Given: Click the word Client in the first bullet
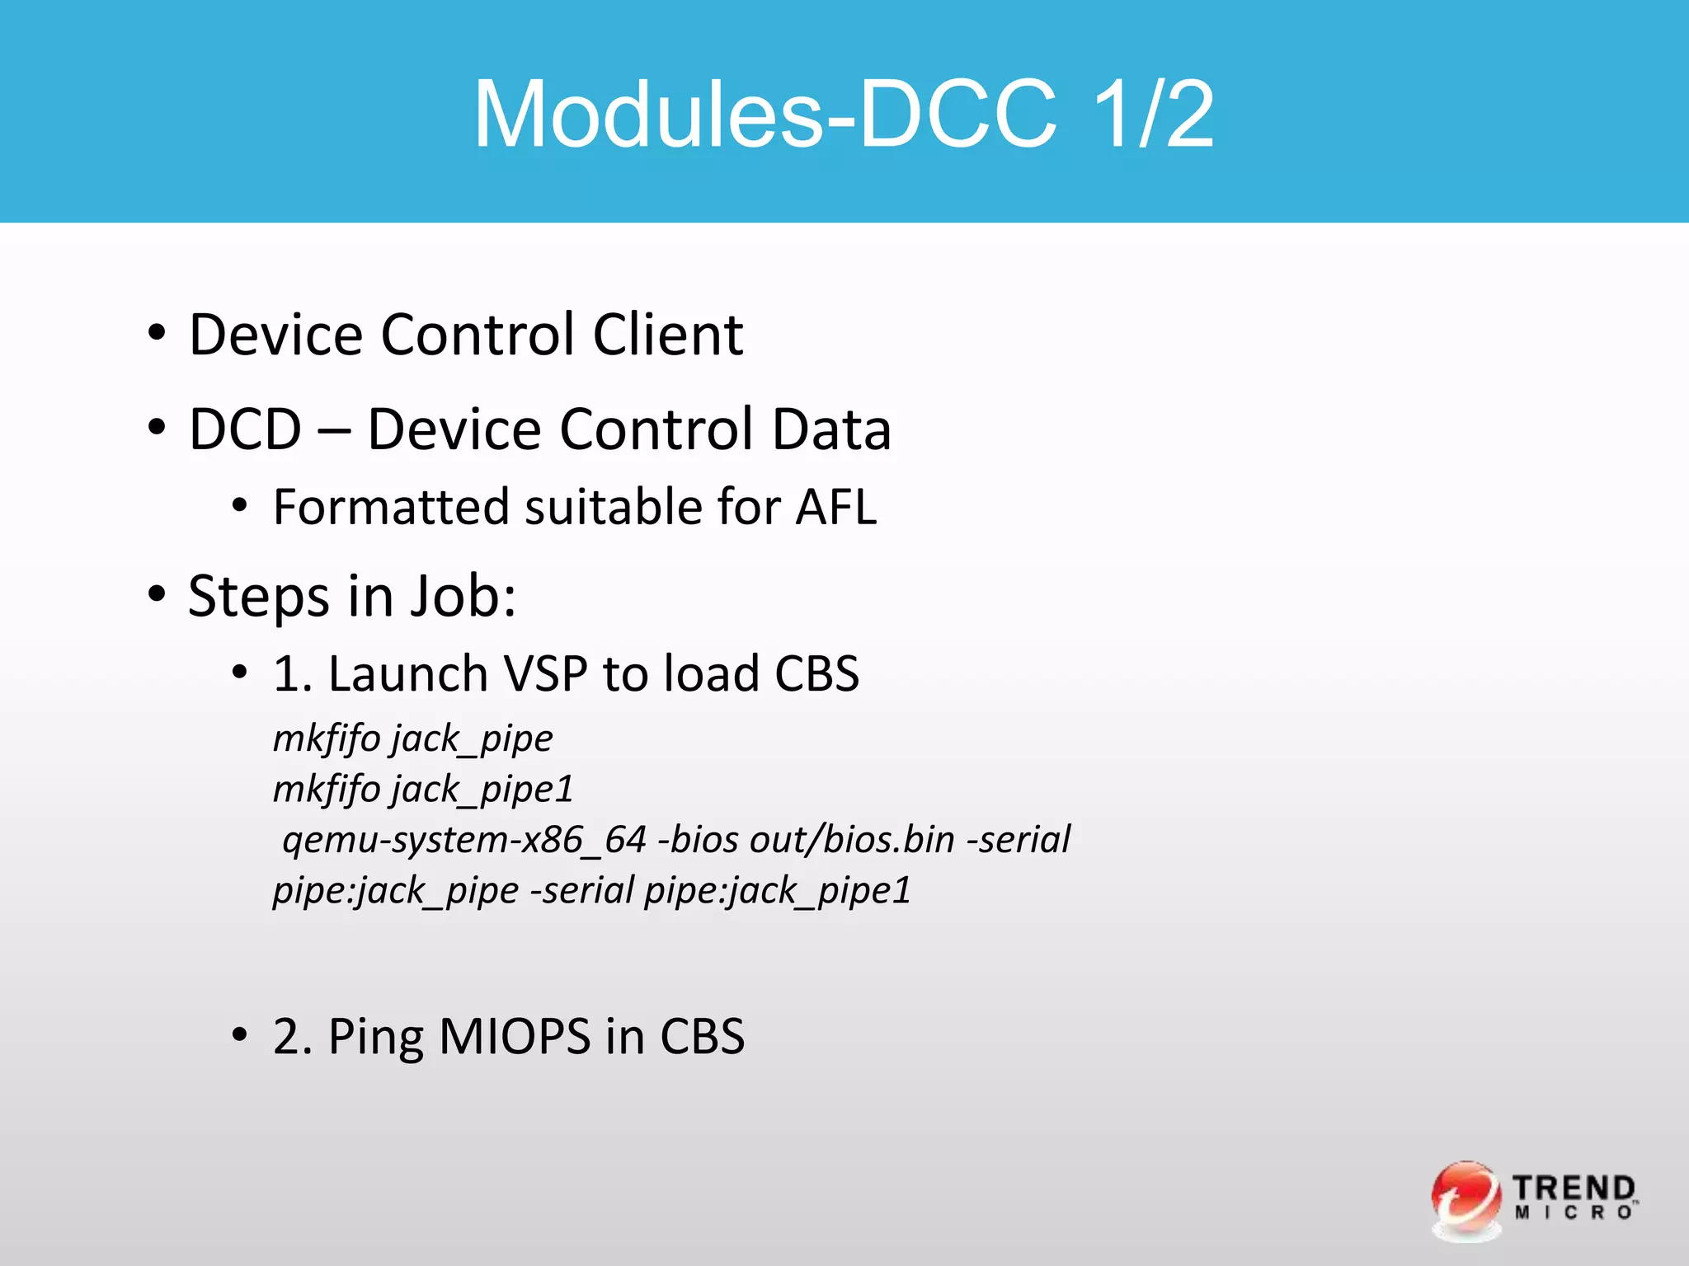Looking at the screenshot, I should [668, 335].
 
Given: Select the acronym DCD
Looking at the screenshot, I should [245, 429].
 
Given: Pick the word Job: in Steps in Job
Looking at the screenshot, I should [463, 596].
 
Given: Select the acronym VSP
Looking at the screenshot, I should [545, 673].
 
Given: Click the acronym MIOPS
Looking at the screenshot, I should [515, 1036].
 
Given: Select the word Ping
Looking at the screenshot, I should [376, 1038].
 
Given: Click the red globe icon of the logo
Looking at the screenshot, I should [1466, 1198].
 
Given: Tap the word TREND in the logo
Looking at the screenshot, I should [1573, 1188].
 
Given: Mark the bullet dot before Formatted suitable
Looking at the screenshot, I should [239, 506].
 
